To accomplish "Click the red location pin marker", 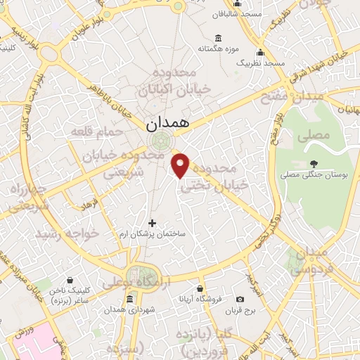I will pos(181,165).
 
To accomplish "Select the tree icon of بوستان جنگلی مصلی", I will pos(313,162).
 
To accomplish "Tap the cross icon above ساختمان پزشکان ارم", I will pos(153,223).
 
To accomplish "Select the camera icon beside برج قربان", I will pos(241,299).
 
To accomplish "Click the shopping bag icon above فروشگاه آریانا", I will pos(200,288).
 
